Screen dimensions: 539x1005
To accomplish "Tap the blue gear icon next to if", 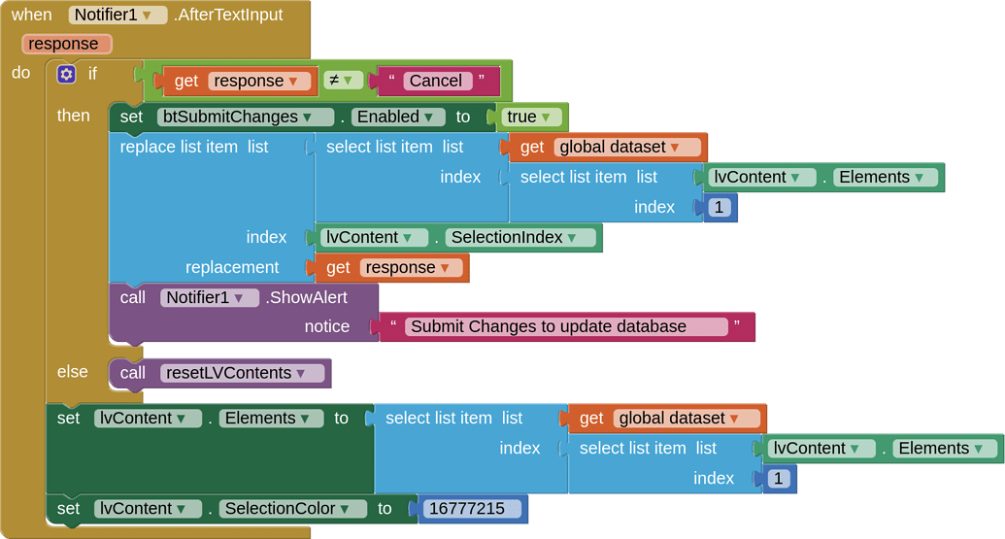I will (66, 74).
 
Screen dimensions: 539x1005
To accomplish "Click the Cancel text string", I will (435, 81).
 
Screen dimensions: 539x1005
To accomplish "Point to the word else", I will (73, 371).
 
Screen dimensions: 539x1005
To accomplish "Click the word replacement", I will (232, 267).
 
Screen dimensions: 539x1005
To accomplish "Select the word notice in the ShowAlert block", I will (327, 326).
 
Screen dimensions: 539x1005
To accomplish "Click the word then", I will (74, 115).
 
